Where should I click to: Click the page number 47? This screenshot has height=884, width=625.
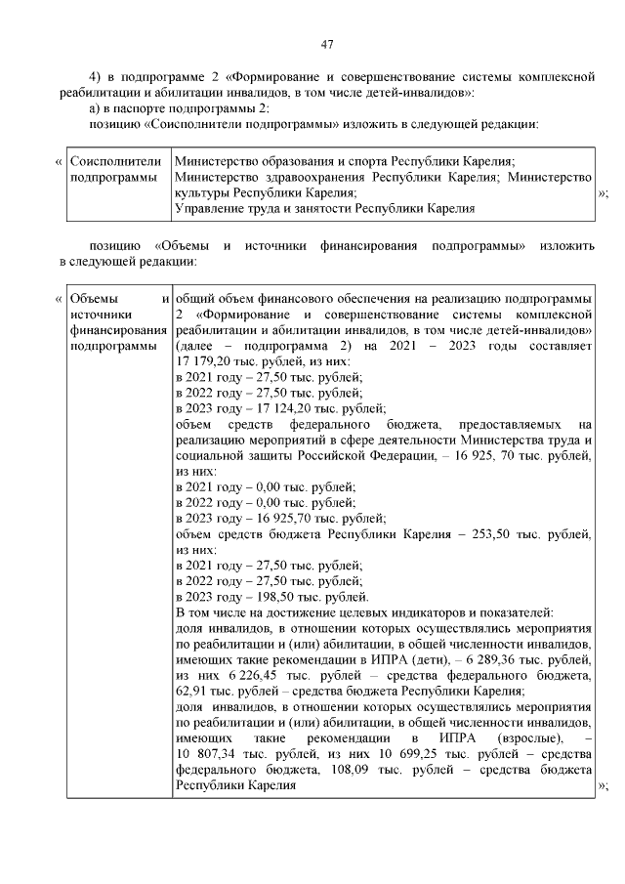pos(327,44)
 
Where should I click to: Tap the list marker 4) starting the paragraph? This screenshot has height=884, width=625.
pos(96,76)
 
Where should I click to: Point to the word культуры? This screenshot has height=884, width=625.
pos(202,193)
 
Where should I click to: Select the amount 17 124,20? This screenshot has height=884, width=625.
pos(283,407)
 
